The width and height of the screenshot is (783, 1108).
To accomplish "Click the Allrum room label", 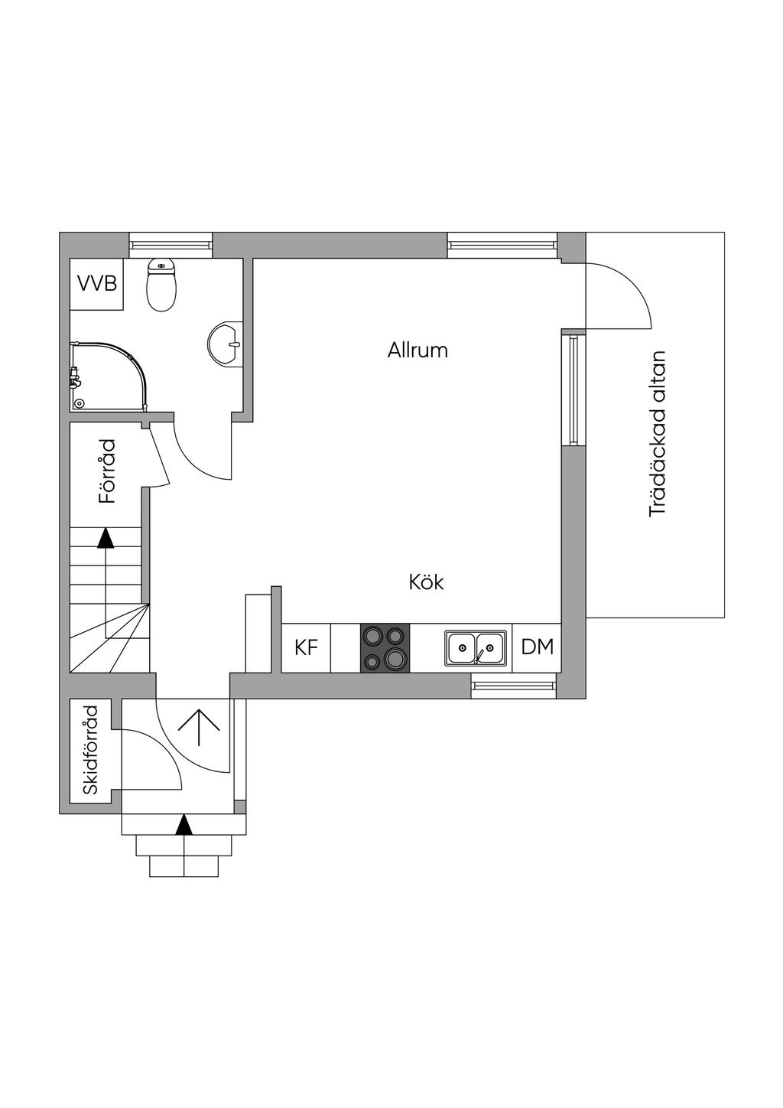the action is (x=417, y=350).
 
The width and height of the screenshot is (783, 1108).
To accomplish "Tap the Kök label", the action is (x=426, y=582).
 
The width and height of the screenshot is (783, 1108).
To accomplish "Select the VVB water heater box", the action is (x=97, y=284).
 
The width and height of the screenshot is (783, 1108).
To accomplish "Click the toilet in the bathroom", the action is (x=161, y=285).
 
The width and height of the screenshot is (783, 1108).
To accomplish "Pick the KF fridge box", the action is (x=306, y=647).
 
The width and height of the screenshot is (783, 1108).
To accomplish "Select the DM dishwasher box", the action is (x=537, y=647).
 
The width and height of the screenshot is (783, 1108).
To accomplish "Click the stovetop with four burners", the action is (x=385, y=647).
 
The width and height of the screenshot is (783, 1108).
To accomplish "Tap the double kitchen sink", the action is (x=475, y=647).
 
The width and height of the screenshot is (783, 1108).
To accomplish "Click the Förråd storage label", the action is (x=107, y=471).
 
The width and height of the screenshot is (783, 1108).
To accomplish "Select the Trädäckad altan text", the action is (x=658, y=435).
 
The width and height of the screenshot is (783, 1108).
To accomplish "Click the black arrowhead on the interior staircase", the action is (x=106, y=539).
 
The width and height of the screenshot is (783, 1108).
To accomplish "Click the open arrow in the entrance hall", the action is (x=199, y=728).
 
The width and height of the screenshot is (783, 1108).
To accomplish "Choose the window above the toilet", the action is (x=171, y=245).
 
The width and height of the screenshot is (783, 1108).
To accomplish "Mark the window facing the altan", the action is (x=573, y=388).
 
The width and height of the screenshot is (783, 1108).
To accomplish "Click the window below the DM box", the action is (x=514, y=685).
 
